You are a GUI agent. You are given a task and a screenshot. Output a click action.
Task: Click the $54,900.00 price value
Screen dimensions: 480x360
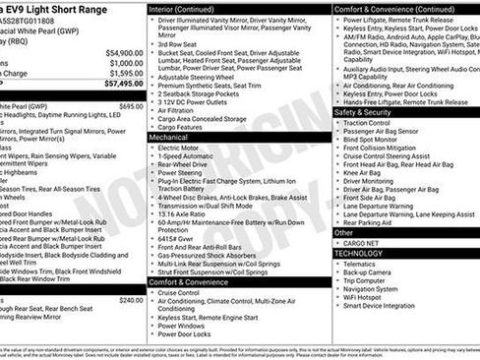click(122, 52)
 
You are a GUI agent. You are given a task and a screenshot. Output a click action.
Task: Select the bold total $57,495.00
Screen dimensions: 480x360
click(122, 85)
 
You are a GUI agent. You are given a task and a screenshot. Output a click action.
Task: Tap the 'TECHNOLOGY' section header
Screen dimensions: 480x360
click(360, 253)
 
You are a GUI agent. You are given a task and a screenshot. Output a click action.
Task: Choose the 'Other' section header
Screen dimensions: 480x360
click(343, 232)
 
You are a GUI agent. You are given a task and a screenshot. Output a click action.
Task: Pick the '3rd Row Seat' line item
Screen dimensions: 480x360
click(178, 45)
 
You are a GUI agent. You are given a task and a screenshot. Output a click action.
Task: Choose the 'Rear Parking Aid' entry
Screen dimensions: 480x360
click(370, 222)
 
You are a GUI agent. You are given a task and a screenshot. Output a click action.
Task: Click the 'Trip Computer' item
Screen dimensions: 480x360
click(364, 280)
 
